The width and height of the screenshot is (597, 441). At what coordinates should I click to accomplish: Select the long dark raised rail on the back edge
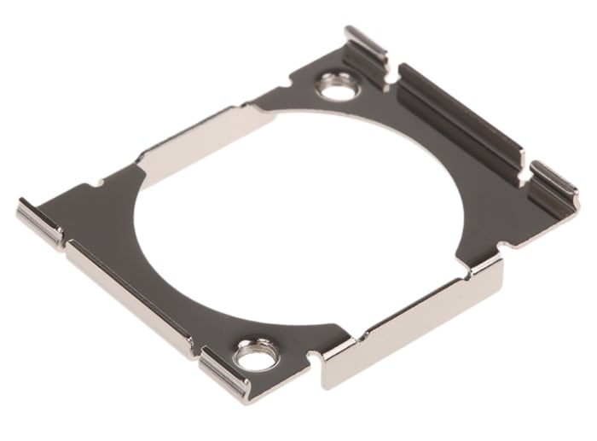click(x=461, y=119)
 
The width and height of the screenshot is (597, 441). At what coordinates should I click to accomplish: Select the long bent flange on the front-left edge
click(x=128, y=294)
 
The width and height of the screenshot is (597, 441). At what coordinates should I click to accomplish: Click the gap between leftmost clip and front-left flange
click(x=65, y=242)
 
